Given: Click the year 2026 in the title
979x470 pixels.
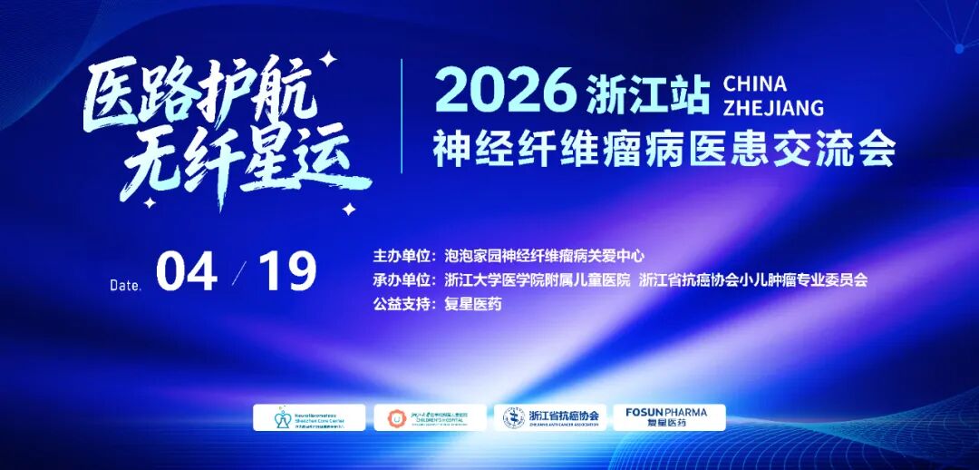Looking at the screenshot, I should (x=506, y=92).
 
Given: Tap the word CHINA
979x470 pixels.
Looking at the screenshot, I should (x=755, y=83).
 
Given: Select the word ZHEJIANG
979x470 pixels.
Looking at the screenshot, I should (x=773, y=107).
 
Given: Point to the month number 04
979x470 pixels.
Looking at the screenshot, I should (x=187, y=271).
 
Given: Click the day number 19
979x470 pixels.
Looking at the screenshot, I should (x=287, y=271).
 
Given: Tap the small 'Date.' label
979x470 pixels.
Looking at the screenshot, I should (x=126, y=285).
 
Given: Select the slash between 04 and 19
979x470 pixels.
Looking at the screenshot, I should (x=239, y=271).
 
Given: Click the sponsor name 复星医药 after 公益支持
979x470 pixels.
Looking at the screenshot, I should (x=473, y=305).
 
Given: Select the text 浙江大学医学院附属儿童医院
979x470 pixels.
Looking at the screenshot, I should (x=538, y=280).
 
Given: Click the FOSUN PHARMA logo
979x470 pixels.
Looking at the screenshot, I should (x=668, y=417).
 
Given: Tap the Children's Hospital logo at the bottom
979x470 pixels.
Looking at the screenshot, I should (x=430, y=417).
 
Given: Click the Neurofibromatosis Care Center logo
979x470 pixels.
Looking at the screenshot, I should (x=309, y=417).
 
